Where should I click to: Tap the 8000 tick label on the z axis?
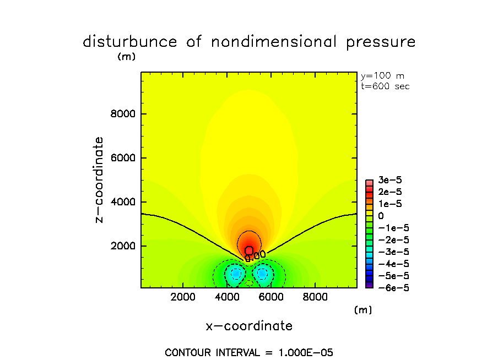coord(124,114)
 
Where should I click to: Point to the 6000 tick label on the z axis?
coord(124,158)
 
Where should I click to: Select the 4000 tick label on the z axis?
coord(124,202)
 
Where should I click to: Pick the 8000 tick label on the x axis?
coord(315,297)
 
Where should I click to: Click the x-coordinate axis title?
coord(249,326)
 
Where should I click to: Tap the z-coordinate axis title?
coord(99,179)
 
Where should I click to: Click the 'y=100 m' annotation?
coord(382,76)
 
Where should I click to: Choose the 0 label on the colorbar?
coord(381,216)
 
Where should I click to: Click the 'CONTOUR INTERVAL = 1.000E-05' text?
coord(249,352)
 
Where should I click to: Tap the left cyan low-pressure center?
coord(236,273)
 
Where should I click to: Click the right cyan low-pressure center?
coord(262,273)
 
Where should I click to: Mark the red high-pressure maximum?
coord(249,250)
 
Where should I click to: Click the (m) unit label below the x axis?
coord(363,310)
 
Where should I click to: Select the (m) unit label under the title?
coord(126,57)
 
